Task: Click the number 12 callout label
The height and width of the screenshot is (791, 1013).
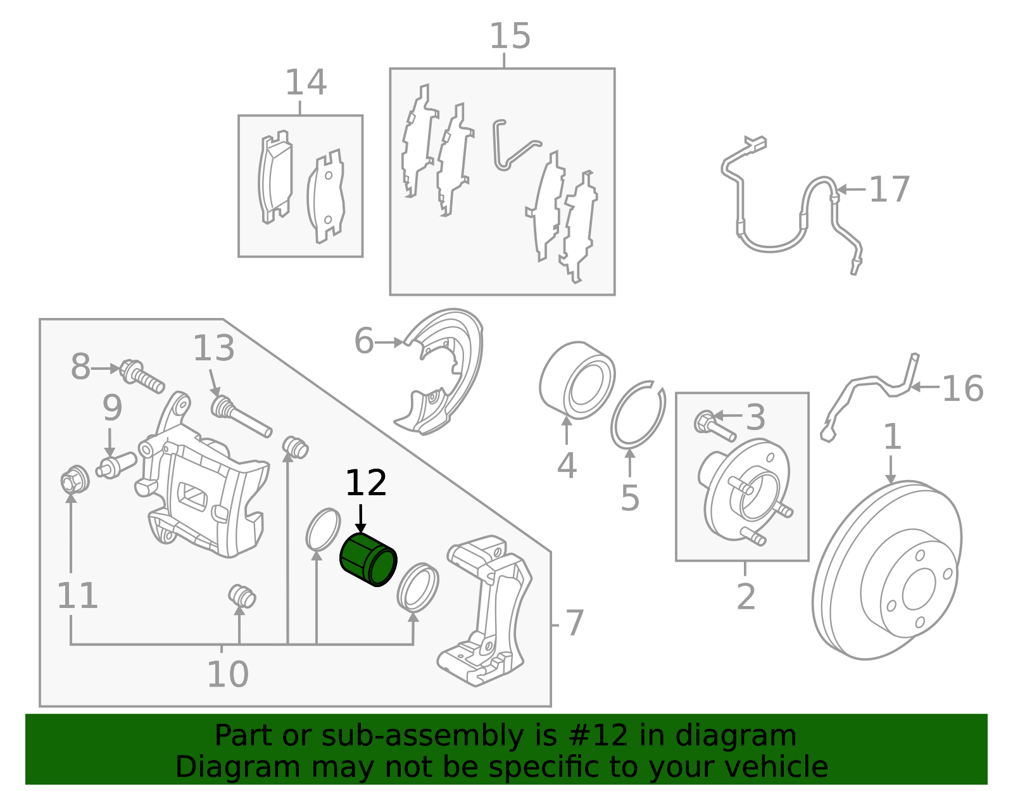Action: coord(365,484)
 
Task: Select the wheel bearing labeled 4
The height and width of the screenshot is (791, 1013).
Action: coord(577,380)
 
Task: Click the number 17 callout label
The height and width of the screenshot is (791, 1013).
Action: coord(889,189)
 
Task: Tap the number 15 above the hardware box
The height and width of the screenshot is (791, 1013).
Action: coord(510,36)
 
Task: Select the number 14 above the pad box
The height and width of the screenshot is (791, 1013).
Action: coord(306,83)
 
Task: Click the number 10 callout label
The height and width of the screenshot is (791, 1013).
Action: coord(227,675)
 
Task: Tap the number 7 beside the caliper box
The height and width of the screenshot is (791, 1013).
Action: coord(574,624)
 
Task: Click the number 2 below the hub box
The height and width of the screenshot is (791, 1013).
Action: coord(746,597)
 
